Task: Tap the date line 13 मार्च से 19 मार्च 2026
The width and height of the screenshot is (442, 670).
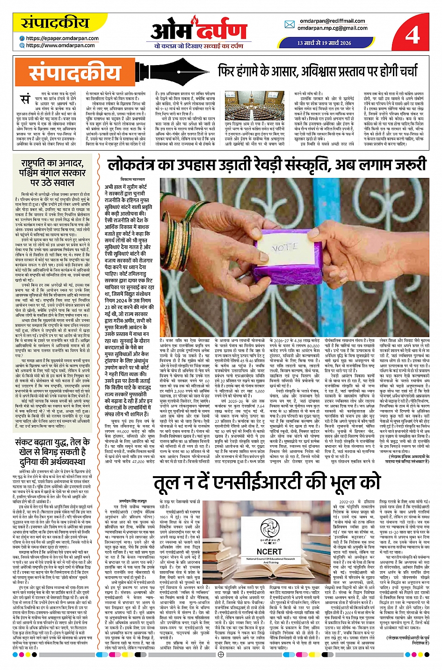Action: [324, 43]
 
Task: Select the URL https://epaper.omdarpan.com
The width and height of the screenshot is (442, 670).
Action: [62, 38]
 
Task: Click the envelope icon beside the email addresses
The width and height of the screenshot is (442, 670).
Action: [290, 25]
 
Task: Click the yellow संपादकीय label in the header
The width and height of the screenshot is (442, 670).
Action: [49, 23]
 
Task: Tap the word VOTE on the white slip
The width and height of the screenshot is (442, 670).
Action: [285, 246]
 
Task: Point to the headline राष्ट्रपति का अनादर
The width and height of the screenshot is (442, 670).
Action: [52, 172]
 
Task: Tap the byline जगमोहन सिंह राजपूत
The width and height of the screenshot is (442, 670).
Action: [133, 501]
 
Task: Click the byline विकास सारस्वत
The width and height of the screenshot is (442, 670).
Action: [132, 180]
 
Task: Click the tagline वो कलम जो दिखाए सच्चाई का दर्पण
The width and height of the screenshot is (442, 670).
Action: [199, 46]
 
